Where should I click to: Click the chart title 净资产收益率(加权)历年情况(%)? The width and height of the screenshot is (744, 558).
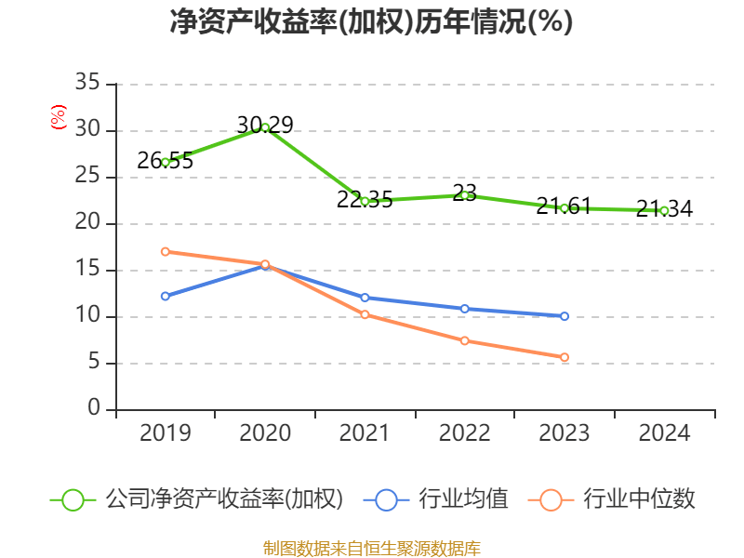[x=371, y=21]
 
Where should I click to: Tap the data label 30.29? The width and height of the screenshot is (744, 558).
[x=265, y=125]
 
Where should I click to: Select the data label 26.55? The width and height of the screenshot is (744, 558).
[x=165, y=161]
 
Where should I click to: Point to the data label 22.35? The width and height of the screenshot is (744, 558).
[x=365, y=200]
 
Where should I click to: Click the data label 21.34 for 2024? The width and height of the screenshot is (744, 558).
[x=664, y=209]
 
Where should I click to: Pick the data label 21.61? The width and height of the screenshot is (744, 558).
[x=564, y=206]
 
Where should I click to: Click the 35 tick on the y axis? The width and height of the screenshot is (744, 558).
[x=87, y=84]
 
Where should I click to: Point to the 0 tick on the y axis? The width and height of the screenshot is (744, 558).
[x=94, y=409]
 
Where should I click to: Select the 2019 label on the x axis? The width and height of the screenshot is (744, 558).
[x=165, y=433]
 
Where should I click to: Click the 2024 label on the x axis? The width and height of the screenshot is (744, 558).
[x=664, y=433]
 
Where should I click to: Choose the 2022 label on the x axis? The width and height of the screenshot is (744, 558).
[x=464, y=433]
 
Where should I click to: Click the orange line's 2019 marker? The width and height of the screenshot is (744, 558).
[x=165, y=251]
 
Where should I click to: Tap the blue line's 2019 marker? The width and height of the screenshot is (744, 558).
[x=165, y=296]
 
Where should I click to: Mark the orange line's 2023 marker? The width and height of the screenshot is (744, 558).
[x=565, y=357]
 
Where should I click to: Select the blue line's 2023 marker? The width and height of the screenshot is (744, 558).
[x=565, y=316]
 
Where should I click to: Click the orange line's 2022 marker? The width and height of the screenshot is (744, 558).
[x=464, y=340]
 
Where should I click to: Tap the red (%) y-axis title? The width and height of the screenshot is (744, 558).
[x=59, y=117]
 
